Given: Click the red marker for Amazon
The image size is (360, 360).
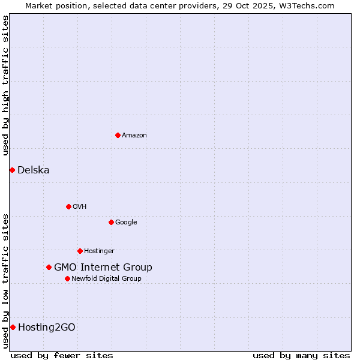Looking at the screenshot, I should [x=118, y=135].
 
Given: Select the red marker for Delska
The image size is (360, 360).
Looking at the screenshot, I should [x=12, y=170].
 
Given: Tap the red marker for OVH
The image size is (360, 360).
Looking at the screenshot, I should [x=68, y=206].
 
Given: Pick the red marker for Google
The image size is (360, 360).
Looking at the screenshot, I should [x=111, y=222].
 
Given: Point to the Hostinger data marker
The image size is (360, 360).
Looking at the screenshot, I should [x=80, y=251].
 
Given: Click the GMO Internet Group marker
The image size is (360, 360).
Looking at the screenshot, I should [x=49, y=267].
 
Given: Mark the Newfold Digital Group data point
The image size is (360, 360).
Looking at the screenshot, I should [x=67, y=278].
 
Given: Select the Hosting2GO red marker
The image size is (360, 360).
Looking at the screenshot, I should [x=13, y=327].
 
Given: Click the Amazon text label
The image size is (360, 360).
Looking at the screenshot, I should [x=134, y=136].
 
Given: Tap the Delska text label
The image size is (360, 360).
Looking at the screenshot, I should [x=34, y=170].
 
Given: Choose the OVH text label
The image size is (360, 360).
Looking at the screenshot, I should [x=80, y=207].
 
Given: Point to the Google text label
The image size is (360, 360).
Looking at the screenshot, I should [x=126, y=223].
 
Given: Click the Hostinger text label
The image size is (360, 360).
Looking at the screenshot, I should [x=99, y=251].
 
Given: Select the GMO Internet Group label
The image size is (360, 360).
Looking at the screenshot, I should [x=103, y=268].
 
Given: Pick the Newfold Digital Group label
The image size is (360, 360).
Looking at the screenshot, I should [x=106, y=279].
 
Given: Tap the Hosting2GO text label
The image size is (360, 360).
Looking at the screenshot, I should [x=47, y=328].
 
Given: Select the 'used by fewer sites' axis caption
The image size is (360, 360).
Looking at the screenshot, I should [x=62, y=356].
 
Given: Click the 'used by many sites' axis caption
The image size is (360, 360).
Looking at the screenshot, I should [x=301, y=356].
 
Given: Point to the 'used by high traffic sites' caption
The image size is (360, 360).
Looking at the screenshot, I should [x=6, y=85].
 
